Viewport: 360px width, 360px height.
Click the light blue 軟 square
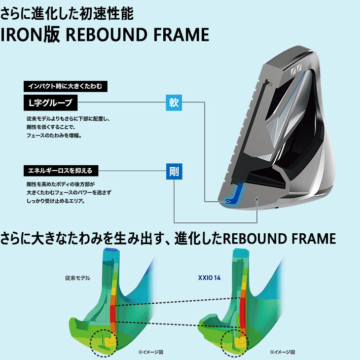174,103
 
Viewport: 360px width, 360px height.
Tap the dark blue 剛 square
174,171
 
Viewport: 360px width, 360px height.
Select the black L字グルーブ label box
50,103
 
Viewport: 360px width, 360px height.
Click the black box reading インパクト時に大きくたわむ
66,86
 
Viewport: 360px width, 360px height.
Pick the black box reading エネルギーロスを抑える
61,171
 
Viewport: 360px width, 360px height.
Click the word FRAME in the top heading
181,35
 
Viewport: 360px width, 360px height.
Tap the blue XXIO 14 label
209,278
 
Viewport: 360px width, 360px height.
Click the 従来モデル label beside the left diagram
77,278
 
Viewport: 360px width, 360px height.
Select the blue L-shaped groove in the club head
234,194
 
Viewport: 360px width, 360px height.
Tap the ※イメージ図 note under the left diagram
150,352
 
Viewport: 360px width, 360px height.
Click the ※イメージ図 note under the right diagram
283,352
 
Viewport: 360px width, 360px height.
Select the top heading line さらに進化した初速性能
67,13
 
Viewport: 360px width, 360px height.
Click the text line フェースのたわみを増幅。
54,136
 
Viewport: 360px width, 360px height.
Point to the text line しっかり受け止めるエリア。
56,201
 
